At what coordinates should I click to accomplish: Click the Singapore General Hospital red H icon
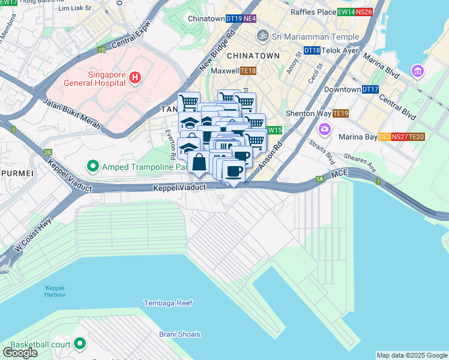(x=135, y=77)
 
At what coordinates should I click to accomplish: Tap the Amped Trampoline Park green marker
(x=92, y=164)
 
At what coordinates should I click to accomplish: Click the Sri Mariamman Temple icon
(x=261, y=36)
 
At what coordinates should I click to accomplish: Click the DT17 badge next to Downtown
(x=370, y=89)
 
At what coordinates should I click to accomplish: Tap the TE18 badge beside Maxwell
(x=248, y=71)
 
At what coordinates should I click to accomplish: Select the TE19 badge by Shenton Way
(x=340, y=113)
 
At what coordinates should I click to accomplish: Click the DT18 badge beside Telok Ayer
(x=312, y=51)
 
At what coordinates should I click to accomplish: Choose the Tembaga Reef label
(x=168, y=303)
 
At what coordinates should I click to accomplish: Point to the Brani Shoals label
(x=179, y=334)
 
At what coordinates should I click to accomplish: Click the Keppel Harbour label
(x=55, y=291)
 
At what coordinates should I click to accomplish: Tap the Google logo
(x=20, y=353)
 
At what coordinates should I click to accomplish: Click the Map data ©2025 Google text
(x=411, y=355)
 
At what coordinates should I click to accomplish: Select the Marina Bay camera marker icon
(x=325, y=129)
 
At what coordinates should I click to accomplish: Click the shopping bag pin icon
(x=198, y=162)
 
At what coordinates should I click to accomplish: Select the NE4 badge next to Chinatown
(x=250, y=19)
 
